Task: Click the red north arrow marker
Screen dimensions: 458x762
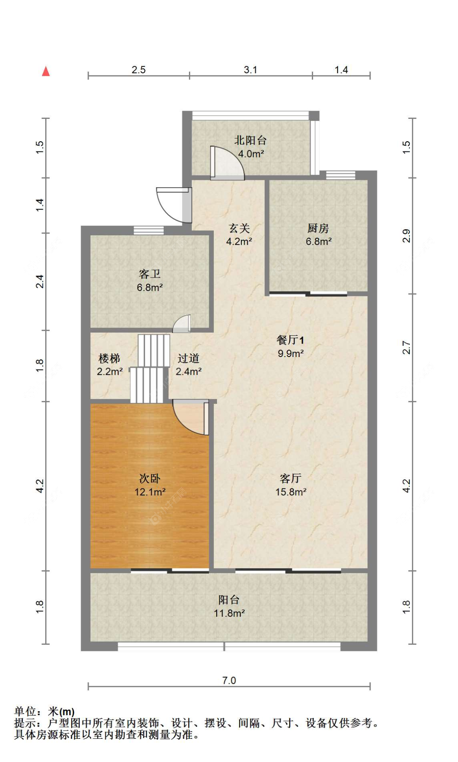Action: pos(46,71)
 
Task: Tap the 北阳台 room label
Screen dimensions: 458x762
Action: pos(250,140)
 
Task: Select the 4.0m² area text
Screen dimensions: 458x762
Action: pos(251,154)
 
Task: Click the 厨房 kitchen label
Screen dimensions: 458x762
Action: pos(318,228)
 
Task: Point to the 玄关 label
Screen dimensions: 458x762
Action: pos(239,228)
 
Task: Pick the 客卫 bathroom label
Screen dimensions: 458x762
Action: pos(149,274)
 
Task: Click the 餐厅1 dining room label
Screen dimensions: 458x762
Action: pos(290,340)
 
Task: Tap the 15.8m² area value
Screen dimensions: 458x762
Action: pos(291,492)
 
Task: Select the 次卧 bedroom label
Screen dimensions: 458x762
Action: pos(149,478)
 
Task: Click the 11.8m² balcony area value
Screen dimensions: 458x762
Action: pos(229,613)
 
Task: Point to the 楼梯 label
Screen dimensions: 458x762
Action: pos(109,359)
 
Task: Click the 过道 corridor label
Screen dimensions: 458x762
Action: pos(188,358)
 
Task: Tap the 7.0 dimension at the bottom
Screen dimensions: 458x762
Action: pos(229,680)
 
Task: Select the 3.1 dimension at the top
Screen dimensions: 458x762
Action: pos(250,70)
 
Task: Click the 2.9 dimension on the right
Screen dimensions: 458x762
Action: pos(406,236)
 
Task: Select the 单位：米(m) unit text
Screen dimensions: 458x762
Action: pos(44,711)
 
